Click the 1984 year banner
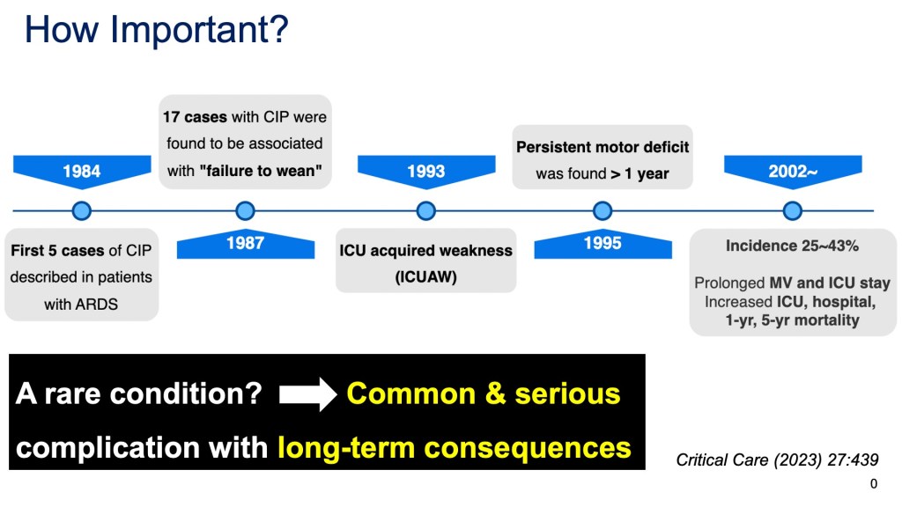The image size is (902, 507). [82, 171]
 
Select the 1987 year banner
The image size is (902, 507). [246, 244]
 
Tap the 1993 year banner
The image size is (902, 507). [426, 171]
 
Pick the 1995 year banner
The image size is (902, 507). [603, 244]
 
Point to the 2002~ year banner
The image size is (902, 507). [793, 171]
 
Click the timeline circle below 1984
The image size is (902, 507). [82, 211]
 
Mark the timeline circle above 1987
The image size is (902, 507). [246, 211]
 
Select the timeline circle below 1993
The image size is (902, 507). [426, 211]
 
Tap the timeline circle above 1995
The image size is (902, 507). [603, 211]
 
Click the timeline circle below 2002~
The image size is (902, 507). [793, 211]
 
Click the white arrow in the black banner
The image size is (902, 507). [307, 394]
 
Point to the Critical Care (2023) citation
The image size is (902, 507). [777, 459]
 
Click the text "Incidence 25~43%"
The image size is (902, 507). [792, 246]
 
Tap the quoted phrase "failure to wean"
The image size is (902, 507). [261, 171]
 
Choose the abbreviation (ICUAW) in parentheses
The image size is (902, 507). [425, 277]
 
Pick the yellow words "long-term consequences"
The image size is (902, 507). [455, 448]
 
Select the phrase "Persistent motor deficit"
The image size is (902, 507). [603, 147]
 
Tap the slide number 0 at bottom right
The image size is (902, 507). [874, 484]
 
